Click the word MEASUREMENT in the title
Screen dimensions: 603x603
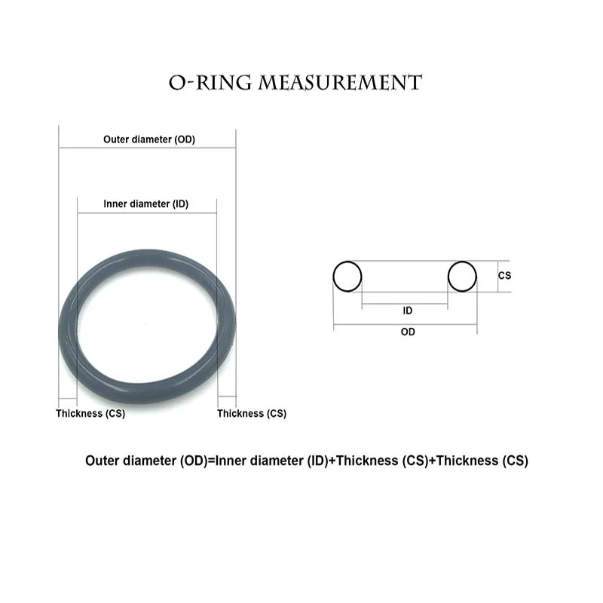(x=340, y=82)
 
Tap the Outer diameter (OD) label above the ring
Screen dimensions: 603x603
(x=148, y=139)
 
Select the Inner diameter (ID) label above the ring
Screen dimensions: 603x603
(x=145, y=204)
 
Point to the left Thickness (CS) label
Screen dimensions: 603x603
(x=90, y=413)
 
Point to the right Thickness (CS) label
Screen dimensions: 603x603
(x=252, y=413)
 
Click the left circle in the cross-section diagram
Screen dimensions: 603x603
(x=347, y=277)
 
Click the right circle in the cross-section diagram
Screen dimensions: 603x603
(x=462, y=277)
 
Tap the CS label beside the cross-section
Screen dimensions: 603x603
(x=504, y=276)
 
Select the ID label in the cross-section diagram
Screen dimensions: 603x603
(x=407, y=311)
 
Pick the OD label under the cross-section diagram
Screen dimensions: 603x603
(x=407, y=332)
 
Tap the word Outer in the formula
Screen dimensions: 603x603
(x=102, y=461)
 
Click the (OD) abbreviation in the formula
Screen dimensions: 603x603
(x=193, y=461)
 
